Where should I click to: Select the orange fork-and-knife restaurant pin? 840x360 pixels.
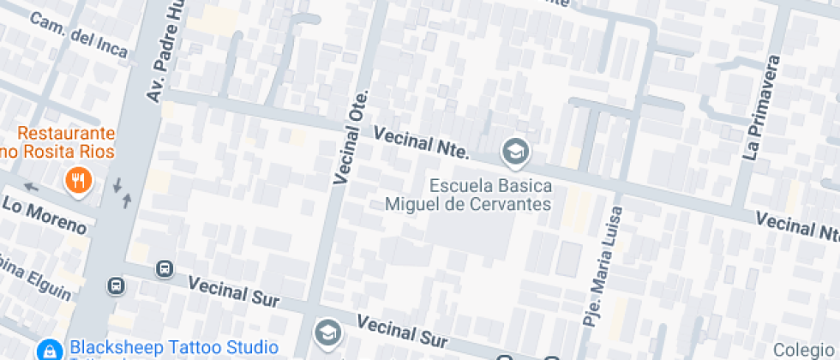click(x=79, y=180)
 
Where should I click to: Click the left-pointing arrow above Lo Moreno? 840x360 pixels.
click(x=32, y=186)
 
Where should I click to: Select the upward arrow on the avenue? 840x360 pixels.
click(x=128, y=200)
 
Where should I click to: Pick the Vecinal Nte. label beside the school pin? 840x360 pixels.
click(x=422, y=142)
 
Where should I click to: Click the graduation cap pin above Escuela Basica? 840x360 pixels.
click(x=516, y=153)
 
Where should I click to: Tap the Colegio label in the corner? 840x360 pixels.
click(x=805, y=350)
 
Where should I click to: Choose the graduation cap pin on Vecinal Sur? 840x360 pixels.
click(x=327, y=333)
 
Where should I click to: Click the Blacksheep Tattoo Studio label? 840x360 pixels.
click(x=174, y=347)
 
